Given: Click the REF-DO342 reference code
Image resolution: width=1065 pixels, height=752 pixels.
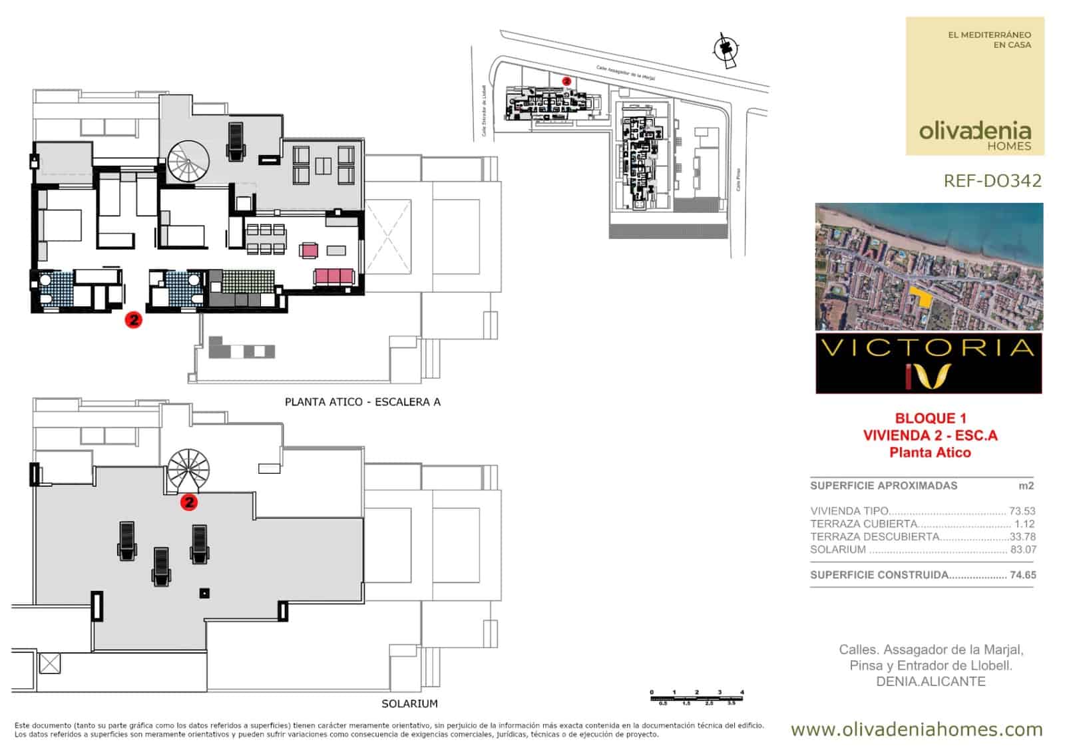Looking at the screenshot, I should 992,181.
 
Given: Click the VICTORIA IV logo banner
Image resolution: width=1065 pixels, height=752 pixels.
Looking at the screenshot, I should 929,363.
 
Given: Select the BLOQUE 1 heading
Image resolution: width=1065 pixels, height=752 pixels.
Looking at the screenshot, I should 930,419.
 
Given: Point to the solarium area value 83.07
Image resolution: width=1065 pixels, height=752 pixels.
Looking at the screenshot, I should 1023,550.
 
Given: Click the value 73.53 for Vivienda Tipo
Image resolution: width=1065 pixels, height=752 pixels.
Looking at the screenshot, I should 1022,511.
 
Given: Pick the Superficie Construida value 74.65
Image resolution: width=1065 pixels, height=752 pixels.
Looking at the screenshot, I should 1023,575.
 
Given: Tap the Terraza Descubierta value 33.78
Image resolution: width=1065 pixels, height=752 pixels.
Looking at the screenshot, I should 1023,537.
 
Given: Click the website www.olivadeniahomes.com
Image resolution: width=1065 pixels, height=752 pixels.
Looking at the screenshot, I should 917,729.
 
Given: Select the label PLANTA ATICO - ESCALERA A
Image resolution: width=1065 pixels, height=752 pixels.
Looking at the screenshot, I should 363,402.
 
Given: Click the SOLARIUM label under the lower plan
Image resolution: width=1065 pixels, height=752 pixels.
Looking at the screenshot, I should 409,703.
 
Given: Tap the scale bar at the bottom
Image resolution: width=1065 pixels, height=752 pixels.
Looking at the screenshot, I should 697,697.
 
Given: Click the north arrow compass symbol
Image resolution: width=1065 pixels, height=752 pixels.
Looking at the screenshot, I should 724,49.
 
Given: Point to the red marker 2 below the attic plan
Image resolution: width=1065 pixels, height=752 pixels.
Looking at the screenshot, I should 134,320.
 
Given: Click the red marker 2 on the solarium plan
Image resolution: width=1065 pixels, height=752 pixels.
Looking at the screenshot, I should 189,502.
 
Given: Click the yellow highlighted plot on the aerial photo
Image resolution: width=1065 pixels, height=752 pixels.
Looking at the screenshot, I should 921,297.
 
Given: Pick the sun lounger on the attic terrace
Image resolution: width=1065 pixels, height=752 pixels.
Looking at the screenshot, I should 236,141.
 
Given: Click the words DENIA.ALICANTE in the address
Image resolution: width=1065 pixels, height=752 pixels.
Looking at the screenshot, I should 931,681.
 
